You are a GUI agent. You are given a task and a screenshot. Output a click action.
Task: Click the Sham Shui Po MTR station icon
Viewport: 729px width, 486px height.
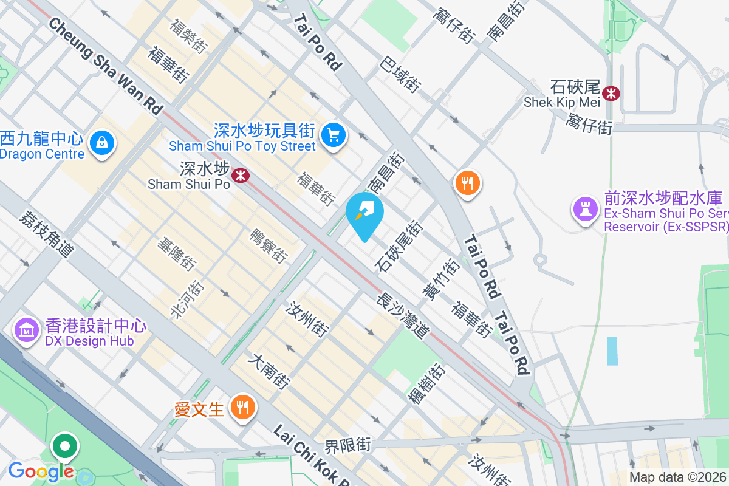pos(241,176)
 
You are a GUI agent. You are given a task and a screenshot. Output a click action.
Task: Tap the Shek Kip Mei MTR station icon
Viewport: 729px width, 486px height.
pos(611,93)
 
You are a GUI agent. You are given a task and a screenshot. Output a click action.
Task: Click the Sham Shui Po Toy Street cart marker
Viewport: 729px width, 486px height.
pos(333,134)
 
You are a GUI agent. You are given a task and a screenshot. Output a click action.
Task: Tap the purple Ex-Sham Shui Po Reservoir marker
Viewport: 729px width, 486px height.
pos(586,208)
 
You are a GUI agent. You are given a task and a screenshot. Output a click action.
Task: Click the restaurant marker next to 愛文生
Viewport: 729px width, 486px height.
pos(243,407)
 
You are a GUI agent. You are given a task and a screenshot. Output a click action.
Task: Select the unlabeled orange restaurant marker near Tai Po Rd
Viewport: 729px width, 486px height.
pos(467,182)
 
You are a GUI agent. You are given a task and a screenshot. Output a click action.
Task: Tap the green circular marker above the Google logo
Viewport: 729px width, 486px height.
pos(64,447)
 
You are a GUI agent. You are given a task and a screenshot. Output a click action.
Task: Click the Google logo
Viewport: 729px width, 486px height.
pos(41,471)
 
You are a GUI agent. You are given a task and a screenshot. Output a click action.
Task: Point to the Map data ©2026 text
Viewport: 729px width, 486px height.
pos(677,477)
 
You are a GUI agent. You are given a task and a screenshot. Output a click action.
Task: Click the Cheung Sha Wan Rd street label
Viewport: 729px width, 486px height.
pos(106,66)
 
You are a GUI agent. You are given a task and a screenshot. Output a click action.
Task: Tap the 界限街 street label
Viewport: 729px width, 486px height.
pos(347,445)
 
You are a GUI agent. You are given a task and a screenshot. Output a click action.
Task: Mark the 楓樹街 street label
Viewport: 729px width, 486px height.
pos(426,384)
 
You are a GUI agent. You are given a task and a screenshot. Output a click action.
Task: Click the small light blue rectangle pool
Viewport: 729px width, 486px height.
pos(612,351)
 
